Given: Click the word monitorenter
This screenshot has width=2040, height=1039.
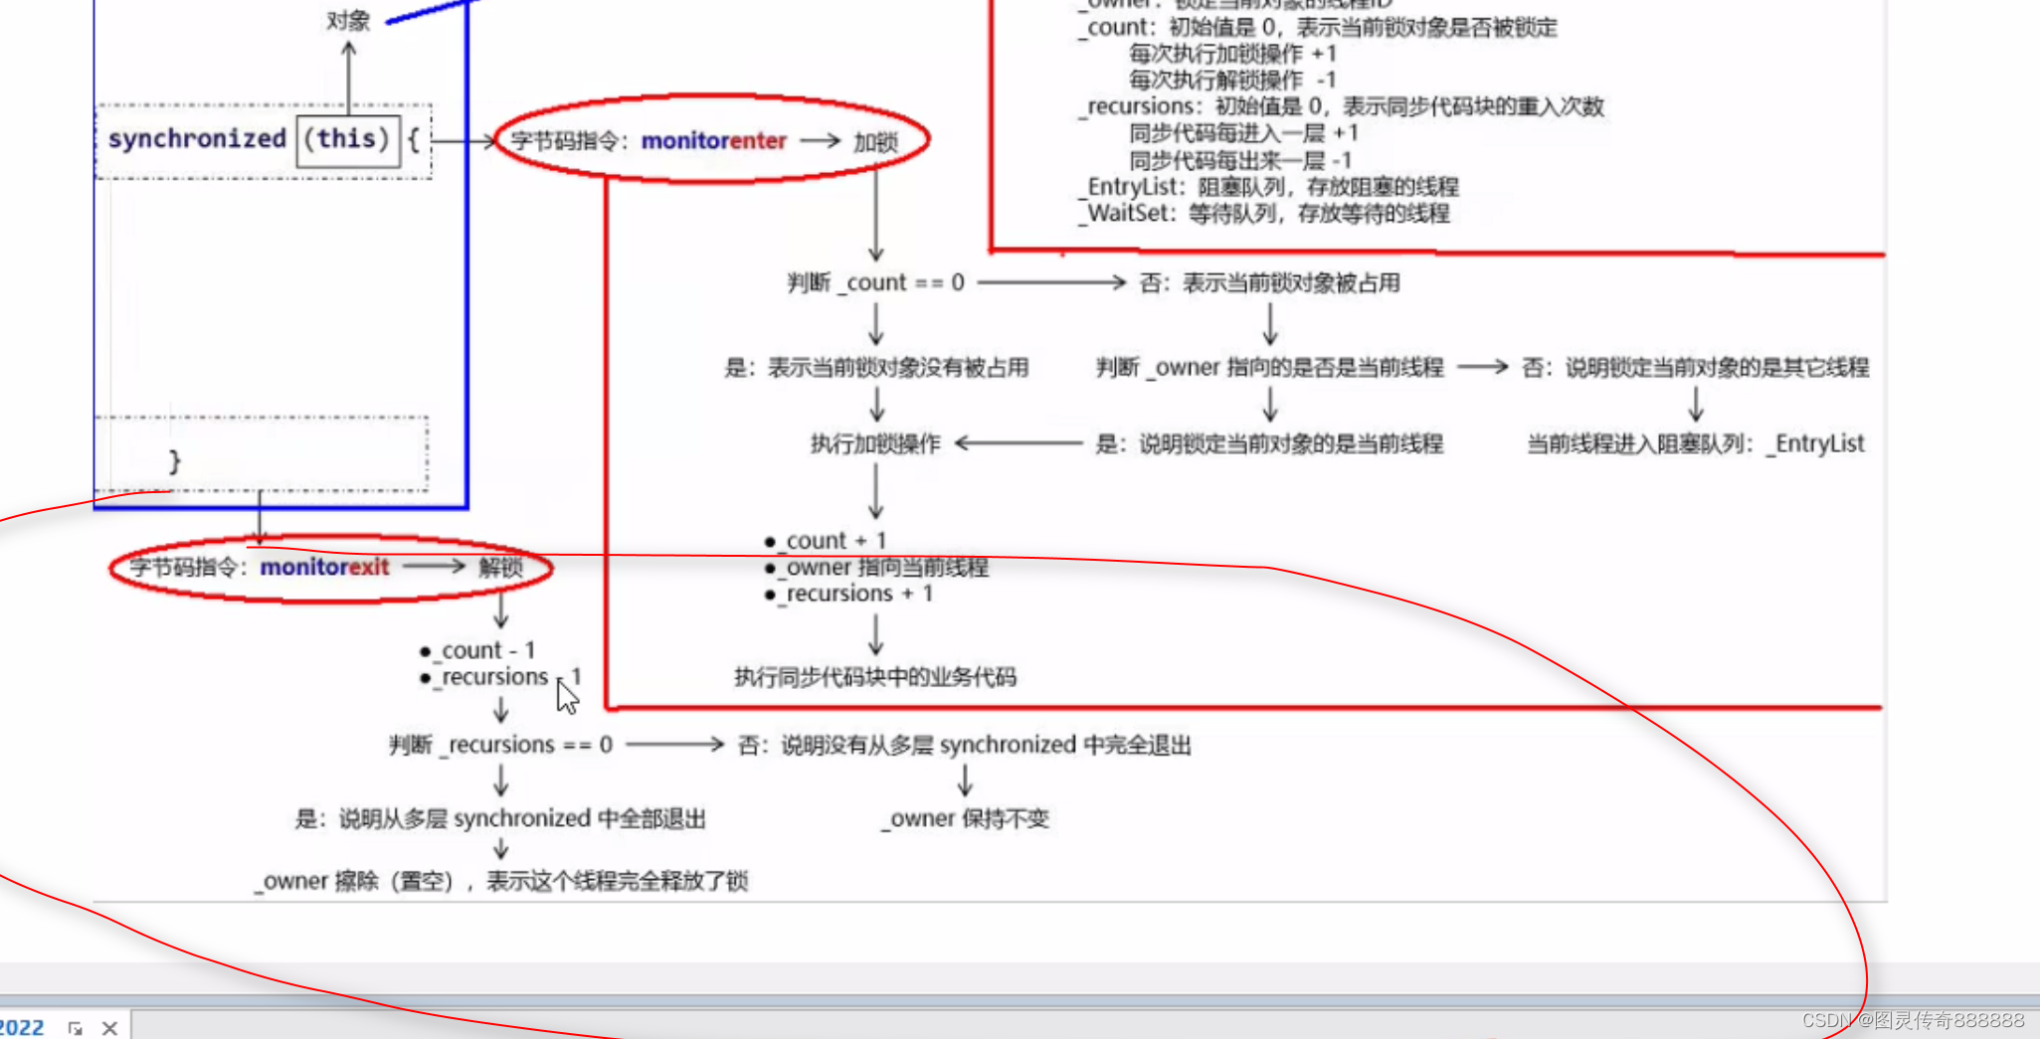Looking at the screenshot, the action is tap(713, 141).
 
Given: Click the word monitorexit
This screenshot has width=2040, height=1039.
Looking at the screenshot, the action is tap(324, 567).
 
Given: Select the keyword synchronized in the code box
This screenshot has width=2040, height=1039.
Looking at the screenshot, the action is tap(197, 139).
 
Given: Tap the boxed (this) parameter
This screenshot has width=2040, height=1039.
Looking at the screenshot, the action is tap(346, 139).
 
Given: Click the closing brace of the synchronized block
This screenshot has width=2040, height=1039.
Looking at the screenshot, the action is tap(175, 461).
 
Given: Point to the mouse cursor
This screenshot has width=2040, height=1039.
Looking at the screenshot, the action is tap(566, 695).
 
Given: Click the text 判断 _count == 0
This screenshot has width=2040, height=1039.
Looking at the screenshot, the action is tap(875, 283).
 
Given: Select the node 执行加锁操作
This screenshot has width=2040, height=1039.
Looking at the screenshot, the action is tap(875, 443).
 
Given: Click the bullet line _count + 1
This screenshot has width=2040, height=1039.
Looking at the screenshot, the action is tap(834, 541).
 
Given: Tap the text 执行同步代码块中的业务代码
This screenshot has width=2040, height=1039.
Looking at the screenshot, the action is tap(875, 677).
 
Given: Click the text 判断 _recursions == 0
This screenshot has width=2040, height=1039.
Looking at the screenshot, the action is tap(500, 745).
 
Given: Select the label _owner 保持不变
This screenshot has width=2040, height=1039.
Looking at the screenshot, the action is tap(965, 818).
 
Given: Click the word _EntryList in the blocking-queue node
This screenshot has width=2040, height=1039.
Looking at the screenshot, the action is tap(1816, 443).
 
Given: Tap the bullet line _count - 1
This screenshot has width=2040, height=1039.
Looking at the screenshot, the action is tap(486, 650).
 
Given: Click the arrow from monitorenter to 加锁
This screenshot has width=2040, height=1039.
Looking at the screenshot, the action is tap(821, 141).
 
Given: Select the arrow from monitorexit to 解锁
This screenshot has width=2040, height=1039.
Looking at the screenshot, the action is tap(434, 567).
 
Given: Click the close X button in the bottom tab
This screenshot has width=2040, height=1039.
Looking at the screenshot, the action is tap(109, 1028).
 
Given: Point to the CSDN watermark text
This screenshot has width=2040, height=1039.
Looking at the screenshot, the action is tap(1912, 1020).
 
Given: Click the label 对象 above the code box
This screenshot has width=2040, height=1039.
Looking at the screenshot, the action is tap(348, 21).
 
